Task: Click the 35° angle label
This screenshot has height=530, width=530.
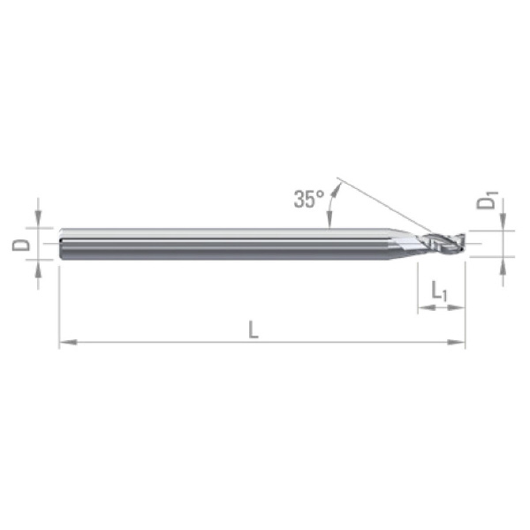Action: coord(309,199)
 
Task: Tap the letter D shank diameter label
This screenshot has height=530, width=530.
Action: coord(21,245)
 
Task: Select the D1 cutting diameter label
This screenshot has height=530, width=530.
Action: coord(487,201)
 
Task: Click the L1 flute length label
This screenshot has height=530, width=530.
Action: coord(439,291)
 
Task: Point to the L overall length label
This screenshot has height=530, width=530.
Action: coord(254,329)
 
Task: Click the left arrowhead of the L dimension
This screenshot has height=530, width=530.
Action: coord(68,342)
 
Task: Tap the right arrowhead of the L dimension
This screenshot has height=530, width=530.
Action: coord(457,342)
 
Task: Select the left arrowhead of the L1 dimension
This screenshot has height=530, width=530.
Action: coord(427,307)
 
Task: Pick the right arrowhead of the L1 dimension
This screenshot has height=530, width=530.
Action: coord(457,307)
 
